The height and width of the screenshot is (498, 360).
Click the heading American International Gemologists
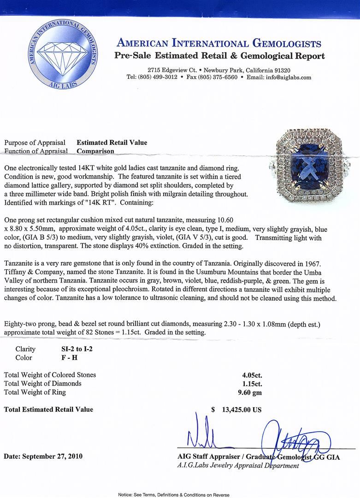coord(219,44)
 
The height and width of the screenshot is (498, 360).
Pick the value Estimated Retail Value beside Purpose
coord(112,142)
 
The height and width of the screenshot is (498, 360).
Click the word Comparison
coord(95,151)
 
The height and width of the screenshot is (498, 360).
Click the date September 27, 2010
coord(43,456)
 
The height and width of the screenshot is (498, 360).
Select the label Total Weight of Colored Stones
coord(50,375)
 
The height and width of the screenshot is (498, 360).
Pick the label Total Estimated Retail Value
coord(48,409)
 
